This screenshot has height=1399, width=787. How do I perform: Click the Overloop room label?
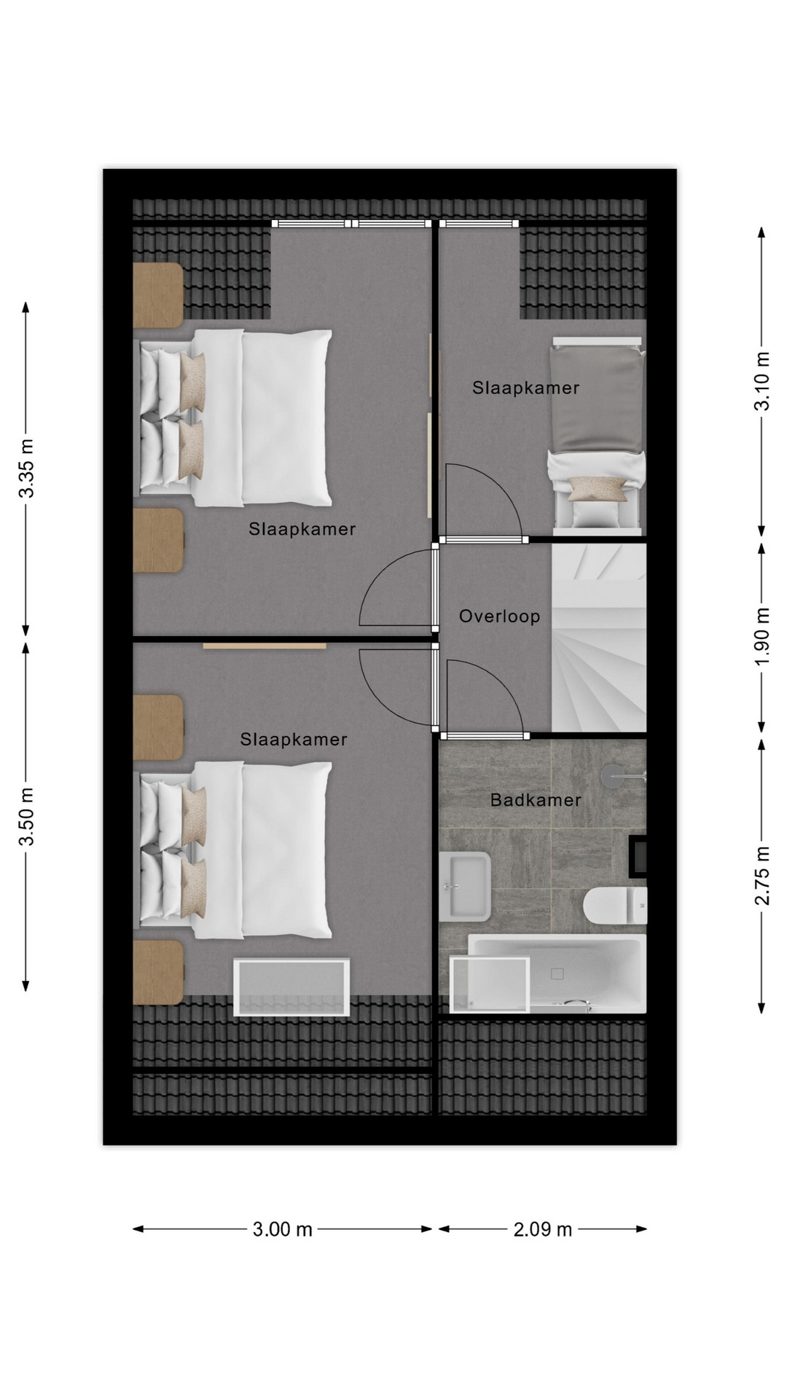pyautogui.click(x=499, y=616)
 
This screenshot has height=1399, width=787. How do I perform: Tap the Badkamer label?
pyautogui.click(x=536, y=800)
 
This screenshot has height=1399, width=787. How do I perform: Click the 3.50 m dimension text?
pyautogui.click(x=27, y=816)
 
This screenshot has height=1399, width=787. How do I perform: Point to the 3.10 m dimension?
pyautogui.click(x=761, y=381)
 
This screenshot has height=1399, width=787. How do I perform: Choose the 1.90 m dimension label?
pyautogui.click(x=761, y=636)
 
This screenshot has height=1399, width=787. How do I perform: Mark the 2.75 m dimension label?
pyautogui.click(x=761, y=876)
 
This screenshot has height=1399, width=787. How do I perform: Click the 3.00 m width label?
pyautogui.click(x=283, y=1230)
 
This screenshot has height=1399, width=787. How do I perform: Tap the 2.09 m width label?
pyautogui.click(x=543, y=1230)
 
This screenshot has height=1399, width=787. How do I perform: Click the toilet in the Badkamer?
pyautogui.click(x=614, y=905)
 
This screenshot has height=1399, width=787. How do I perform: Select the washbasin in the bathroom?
pyautogui.click(x=464, y=885)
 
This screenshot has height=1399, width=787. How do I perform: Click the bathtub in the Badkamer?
pyautogui.click(x=557, y=973)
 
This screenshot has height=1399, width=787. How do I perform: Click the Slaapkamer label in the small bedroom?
pyautogui.click(x=525, y=388)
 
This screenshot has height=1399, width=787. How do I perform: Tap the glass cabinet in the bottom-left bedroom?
pyautogui.click(x=291, y=987)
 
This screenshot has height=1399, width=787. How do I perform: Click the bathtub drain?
pyautogui.click(x=557, y=973)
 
